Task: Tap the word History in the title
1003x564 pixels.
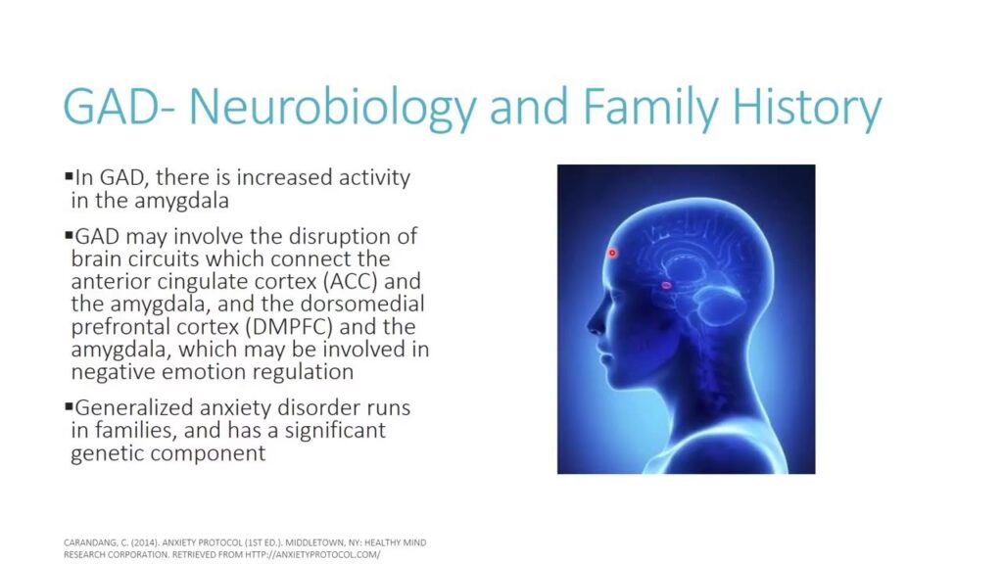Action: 807,108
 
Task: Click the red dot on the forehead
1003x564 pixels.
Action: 612,253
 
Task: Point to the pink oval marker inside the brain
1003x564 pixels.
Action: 666,285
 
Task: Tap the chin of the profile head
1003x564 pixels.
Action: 612,383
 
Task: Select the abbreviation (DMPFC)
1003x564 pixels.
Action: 289,327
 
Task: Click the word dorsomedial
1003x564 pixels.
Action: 362,304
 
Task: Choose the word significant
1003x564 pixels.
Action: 335,431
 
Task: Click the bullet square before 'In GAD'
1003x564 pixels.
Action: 69,175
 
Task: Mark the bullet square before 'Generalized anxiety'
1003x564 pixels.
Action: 69,406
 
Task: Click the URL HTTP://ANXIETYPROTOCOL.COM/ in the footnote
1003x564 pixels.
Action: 312,554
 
